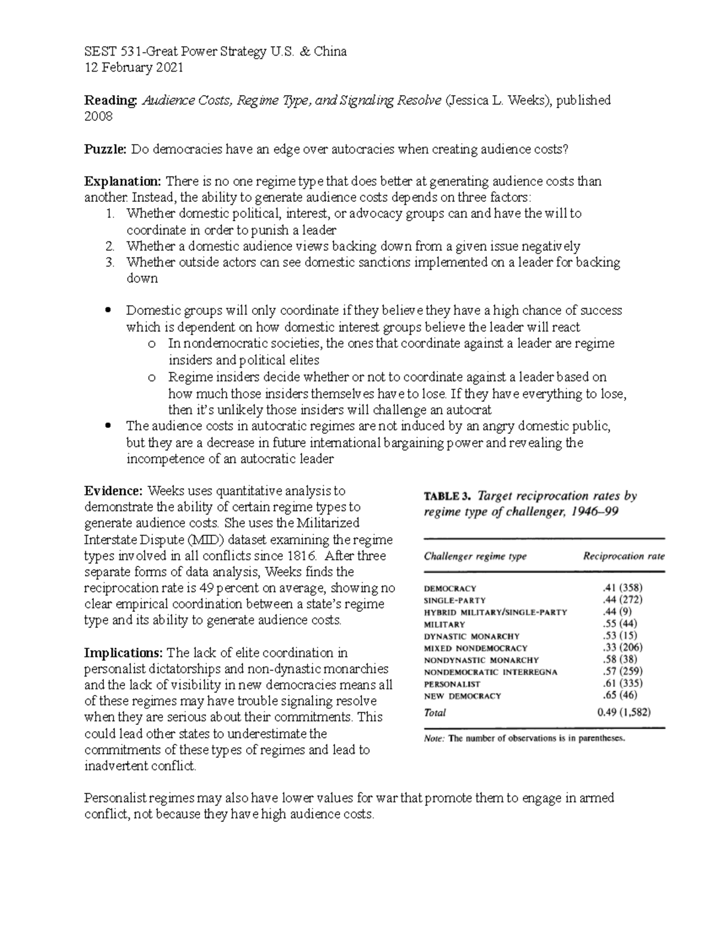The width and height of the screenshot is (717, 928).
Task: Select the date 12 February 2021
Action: pyautogui.click(x=134, y=68)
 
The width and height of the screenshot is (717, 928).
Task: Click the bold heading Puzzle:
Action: pyautogui.click(x=106, y=149)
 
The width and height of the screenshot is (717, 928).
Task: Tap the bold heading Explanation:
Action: pyautogui.click(x=123, y=182)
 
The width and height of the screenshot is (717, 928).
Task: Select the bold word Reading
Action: pyautogui.click(x=111, y=100)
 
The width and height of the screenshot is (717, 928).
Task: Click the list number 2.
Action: pyautogui.click(x=109, y=246)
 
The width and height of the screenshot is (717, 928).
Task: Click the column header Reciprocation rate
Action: pyautogui.click(x=623, y=556)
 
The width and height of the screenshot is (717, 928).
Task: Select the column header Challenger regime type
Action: pyautogui.click(x=475, y=556)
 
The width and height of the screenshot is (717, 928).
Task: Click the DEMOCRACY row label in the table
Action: pyautogui.click(x=450, y=589)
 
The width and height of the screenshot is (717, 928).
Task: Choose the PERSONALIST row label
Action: pyautogui.click(x=452, y=684)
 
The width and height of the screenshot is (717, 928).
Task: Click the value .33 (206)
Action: pyautogui.click(x=622, y=647)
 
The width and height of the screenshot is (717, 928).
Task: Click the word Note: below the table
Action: pyautogui.click(x=434, y=739)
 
